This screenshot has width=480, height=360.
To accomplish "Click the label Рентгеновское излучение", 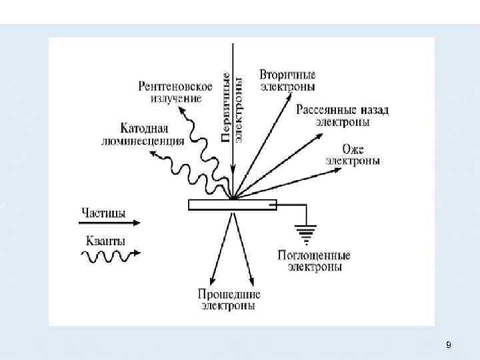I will point(175,92).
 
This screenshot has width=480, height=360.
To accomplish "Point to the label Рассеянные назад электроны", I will point(343,115).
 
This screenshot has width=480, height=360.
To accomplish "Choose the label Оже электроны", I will point(353,155).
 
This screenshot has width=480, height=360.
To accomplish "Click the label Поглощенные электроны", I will point(315,261).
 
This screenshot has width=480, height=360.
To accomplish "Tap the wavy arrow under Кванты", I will point(110,254).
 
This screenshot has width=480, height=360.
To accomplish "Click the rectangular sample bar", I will point(232,205).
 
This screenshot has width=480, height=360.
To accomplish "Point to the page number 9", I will point(448,345).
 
